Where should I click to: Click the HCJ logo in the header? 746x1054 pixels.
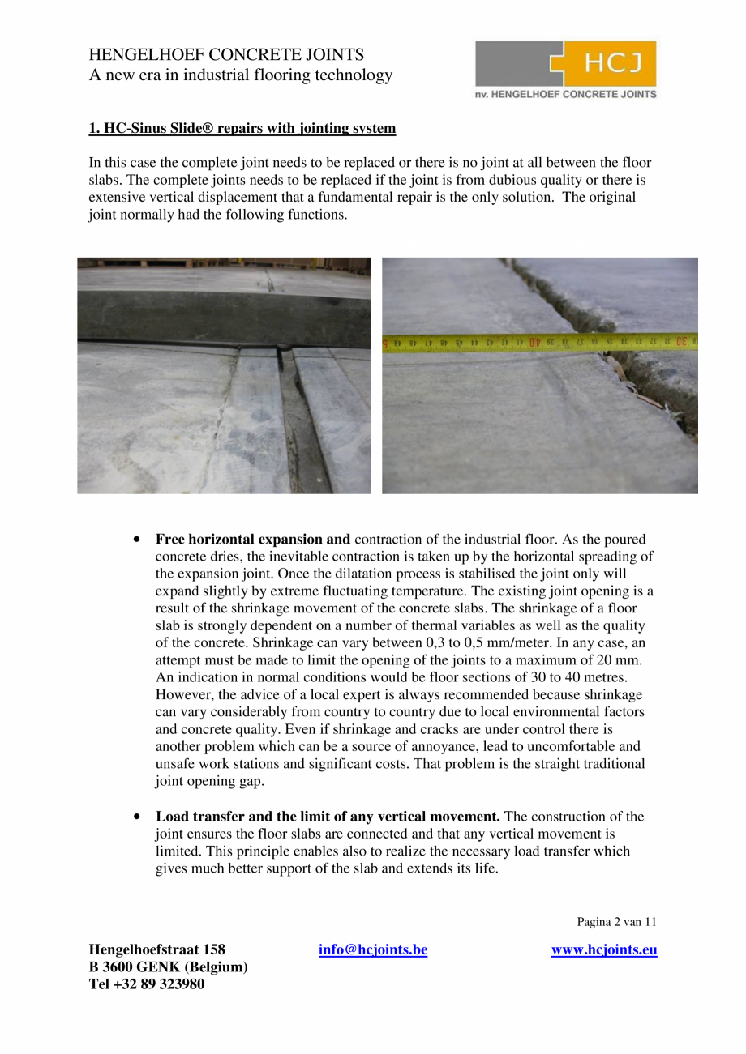[x=566, y=64]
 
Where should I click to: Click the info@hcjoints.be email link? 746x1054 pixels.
[x=373, y=949]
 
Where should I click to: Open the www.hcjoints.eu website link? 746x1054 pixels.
[x=604, y=949]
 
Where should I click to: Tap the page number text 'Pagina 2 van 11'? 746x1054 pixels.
[x=616, y=921]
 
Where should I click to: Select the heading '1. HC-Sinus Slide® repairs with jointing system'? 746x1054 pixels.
[x=242, y=128]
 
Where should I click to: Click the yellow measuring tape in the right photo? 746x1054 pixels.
[x=539, y=343]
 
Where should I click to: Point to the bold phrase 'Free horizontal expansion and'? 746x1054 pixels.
[x=253, y=540]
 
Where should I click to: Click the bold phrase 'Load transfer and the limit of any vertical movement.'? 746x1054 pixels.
[x=328, y=817]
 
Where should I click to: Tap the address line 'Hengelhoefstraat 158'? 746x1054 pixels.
[x=156, y=949]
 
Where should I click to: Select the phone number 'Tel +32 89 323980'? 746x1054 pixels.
[x=146, y=984]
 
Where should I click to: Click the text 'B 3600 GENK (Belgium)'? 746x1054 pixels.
[x=168, y=967]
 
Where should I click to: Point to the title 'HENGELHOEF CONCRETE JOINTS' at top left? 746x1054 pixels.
[x=225, y=55]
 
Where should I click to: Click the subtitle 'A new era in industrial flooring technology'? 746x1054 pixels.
[x=240, y=75]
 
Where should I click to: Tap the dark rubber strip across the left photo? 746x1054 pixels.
[x=223, y=316]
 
